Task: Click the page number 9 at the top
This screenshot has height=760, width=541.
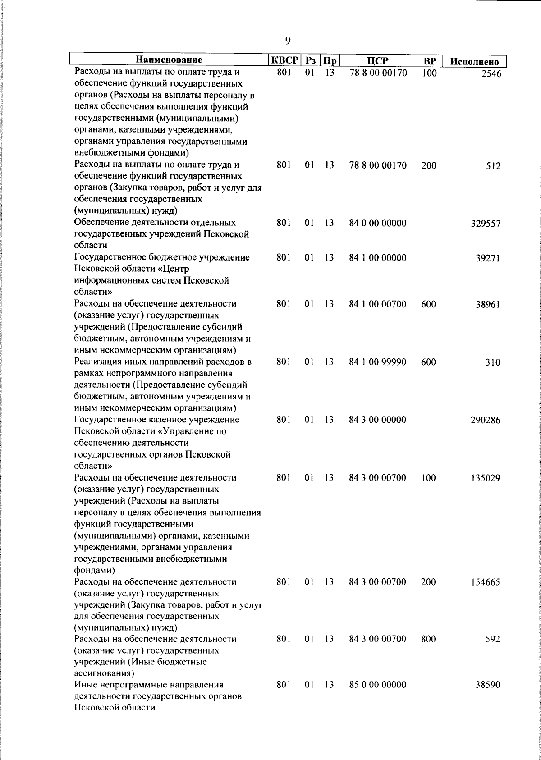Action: (288, 41)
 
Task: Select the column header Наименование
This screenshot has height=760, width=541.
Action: (169, 60)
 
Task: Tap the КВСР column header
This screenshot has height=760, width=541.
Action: (284, 60)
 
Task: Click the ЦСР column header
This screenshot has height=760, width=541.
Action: (378, 60)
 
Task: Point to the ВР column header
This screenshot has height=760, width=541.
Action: (429, 60)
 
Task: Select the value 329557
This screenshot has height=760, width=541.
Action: (486, 224)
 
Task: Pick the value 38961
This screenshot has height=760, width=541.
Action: (488, 305)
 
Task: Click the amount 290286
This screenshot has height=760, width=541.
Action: (486, 421)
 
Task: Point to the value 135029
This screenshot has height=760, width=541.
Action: (486, 478)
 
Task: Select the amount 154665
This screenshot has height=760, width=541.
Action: (486, 582)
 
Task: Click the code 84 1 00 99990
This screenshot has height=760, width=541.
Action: (378, 362)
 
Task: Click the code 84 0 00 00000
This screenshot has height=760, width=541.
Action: (378, 223)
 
